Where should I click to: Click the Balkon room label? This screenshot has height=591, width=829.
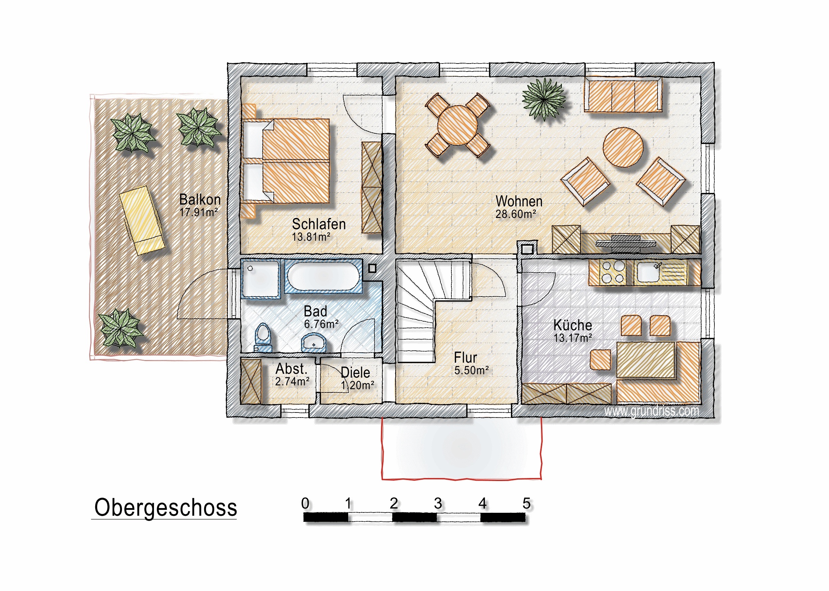click(x=200, y=200)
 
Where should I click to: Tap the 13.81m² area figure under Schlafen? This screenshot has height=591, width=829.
click(x=311, y=237)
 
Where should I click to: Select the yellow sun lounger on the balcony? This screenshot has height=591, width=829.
click(x=142, y=221)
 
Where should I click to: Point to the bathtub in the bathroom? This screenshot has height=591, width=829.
click(x=323, y=276)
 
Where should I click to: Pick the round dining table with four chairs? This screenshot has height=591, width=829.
click(x=458, y=125)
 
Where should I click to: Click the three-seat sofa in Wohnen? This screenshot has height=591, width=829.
click(x=623, y=94)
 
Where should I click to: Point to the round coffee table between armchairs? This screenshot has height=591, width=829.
click(x=623, y=147)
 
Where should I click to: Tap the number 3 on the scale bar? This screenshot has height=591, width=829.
click(x=438, y=504)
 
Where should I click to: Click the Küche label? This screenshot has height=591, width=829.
click(x=573, y=325)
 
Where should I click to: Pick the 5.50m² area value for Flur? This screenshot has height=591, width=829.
click(x=471, y=370)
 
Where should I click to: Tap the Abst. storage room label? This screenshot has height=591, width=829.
click(x=291, y=369)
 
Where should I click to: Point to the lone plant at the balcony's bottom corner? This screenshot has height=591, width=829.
click(x=120, y=328)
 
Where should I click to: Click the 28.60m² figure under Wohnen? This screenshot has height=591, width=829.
click(x=516, y=214)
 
